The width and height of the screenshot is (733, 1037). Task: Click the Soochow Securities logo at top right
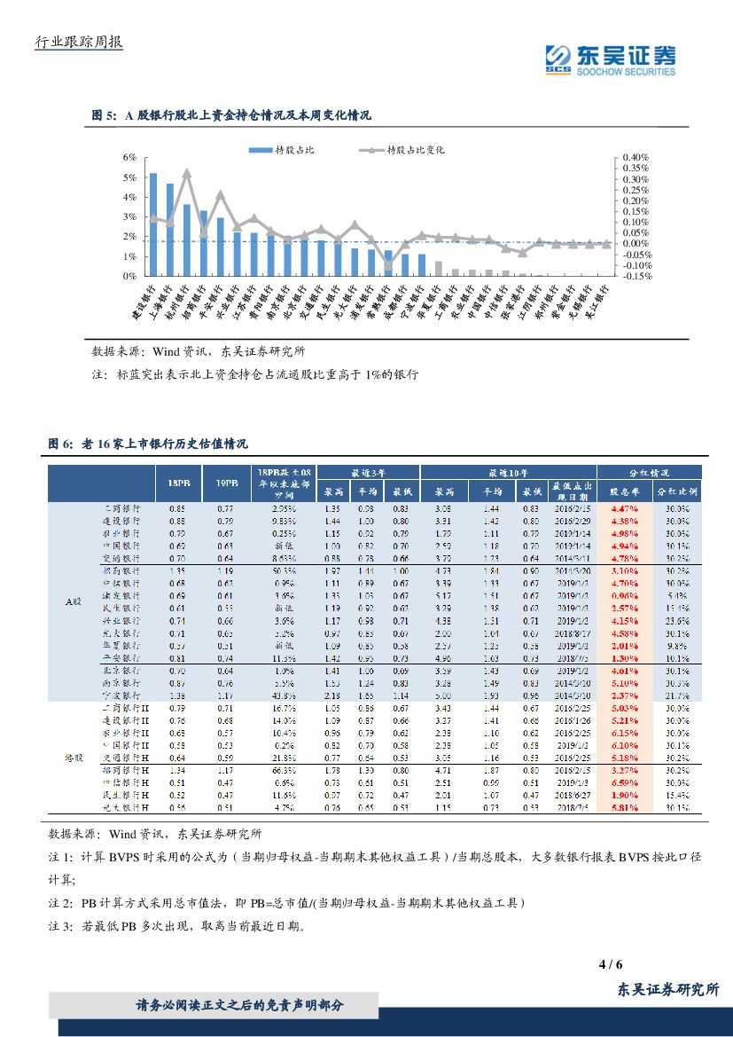[609, 59]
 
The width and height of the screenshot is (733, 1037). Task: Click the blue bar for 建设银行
[153, 224]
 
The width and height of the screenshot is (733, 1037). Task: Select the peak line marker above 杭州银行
[187, 172]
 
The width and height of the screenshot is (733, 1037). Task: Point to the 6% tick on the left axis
[129, 157]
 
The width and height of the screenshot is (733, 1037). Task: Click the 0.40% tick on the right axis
[636, 157]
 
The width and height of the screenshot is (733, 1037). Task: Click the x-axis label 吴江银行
[599, 303]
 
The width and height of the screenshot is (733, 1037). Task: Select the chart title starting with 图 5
[232, 115]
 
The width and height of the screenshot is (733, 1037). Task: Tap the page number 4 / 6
[612, 964]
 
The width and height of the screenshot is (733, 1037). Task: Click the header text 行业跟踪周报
[77, 42]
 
